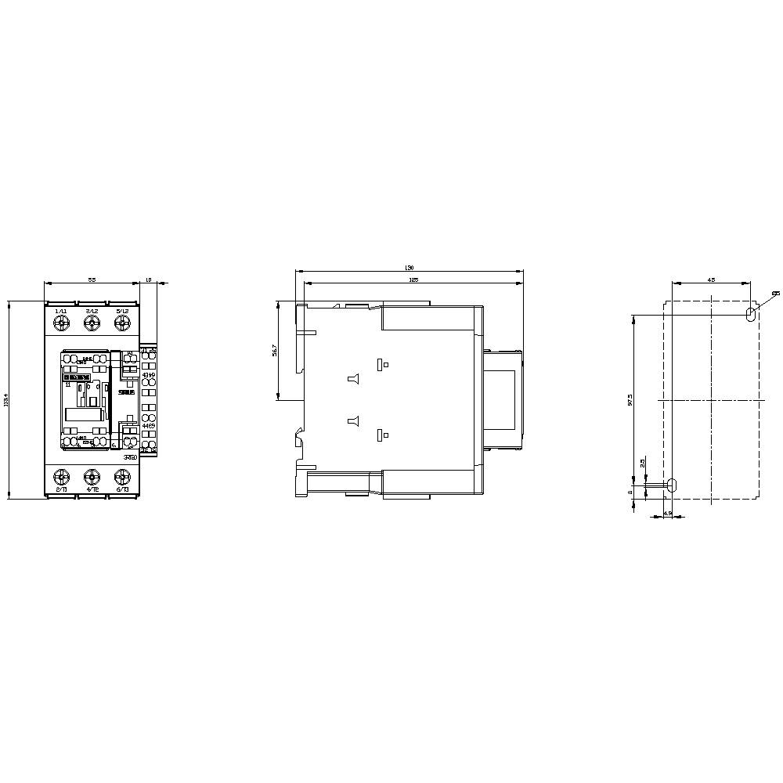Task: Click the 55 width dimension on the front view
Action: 92,280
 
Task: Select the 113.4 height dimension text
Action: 7,400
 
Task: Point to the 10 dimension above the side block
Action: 150,280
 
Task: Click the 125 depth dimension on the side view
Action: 413,280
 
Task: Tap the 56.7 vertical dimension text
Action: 273,350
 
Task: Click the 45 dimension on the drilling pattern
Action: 711,280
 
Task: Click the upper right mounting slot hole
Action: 750,313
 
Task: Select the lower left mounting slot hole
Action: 672,485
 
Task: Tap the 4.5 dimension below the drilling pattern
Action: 667,513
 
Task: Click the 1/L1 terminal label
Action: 61,311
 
